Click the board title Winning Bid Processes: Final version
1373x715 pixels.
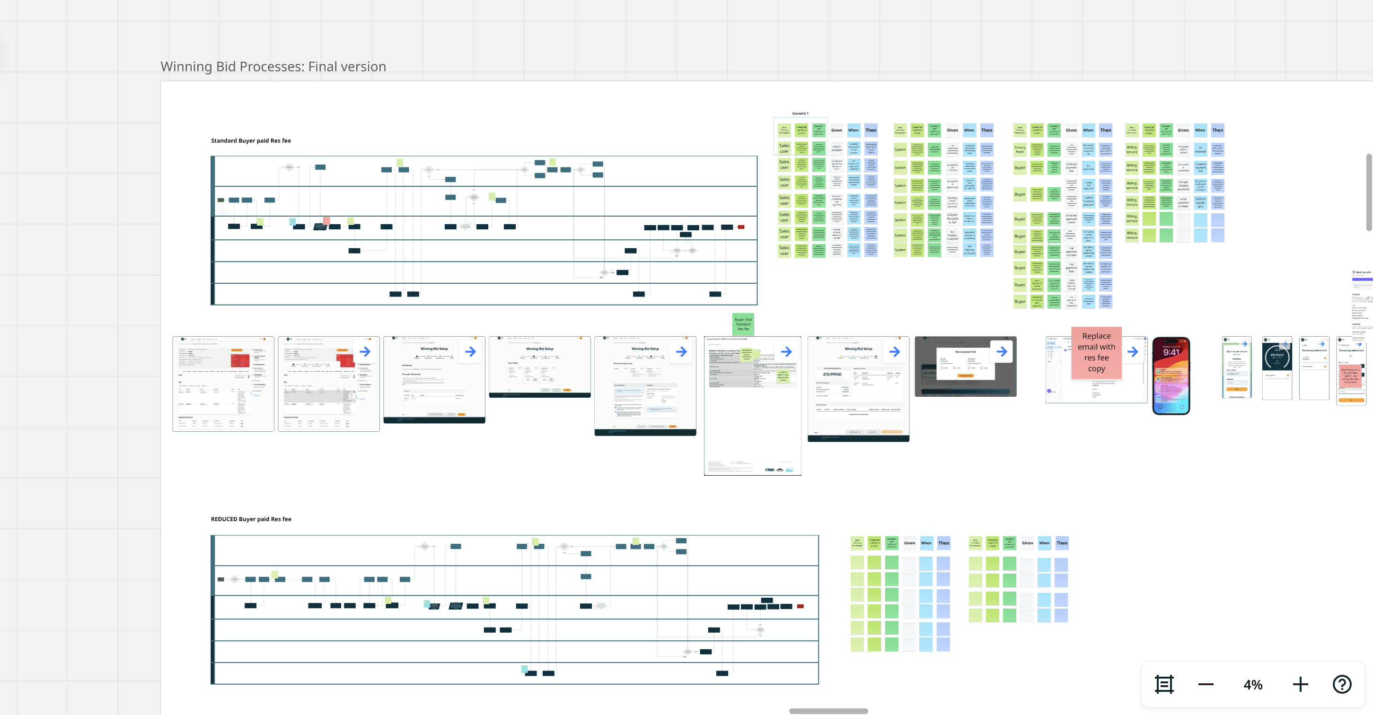[x=273, y=67]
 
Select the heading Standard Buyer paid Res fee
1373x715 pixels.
[x=250, y=140]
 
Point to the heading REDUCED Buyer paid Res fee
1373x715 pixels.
[x=251, y=519]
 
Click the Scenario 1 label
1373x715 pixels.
[x=800, y=113]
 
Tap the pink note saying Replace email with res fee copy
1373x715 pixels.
[x=1096, y=352]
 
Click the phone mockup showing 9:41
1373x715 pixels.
[x=1171, y=375]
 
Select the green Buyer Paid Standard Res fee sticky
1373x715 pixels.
[x=743, y=324]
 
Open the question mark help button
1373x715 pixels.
[x=1342, y=684]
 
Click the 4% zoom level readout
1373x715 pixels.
[x=1252, y=685]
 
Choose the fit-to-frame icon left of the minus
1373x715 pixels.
[x=1164, y=684]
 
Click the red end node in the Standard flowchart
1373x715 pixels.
[x=741, y=227]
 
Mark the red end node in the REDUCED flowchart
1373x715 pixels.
[x=800, y=606]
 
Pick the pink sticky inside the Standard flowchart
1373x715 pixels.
[x=326, y=220]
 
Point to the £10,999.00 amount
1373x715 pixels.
[x=832, y=375]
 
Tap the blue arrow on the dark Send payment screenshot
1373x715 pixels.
[x=1002, y=352]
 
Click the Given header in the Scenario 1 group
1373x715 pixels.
[x=837, y=130]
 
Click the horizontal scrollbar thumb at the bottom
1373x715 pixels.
[x=828, y=711]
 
